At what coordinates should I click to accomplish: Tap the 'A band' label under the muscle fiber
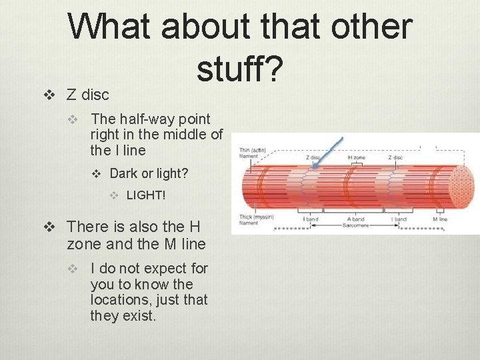[356, 219]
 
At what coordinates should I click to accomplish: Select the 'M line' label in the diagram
[439, 219]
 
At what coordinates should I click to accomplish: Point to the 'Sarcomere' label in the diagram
[356, 226]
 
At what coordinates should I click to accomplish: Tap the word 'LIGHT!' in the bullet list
[146, 195]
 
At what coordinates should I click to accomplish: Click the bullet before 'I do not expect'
[78, 269]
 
